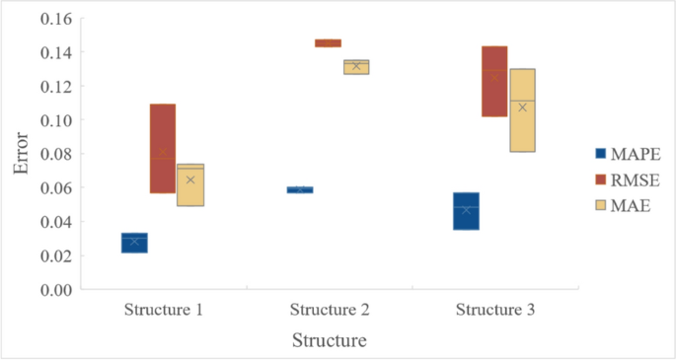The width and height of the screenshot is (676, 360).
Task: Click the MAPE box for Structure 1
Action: tap(134, 243)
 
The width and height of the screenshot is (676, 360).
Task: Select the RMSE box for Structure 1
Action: tap(163, 148)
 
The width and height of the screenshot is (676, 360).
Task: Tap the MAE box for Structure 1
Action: tap(190, 184)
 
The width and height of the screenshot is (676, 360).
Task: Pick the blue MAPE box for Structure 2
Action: tap(300, 189)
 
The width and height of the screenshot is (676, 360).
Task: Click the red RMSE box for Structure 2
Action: tap(328, 43)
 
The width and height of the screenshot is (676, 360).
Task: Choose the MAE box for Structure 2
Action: tap(356, 67)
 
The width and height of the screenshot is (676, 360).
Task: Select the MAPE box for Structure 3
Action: tap(466, 211)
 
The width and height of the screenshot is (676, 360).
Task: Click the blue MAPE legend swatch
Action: tap(599, 153)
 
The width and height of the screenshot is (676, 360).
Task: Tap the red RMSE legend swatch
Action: tap(599, 179)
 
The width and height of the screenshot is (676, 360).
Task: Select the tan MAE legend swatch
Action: tap(599, 205)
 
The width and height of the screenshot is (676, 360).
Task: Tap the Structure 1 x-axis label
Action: tap(164, 310)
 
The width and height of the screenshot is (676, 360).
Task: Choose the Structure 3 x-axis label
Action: tap(495, 310)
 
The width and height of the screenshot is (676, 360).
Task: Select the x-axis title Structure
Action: tap(330, 341)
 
